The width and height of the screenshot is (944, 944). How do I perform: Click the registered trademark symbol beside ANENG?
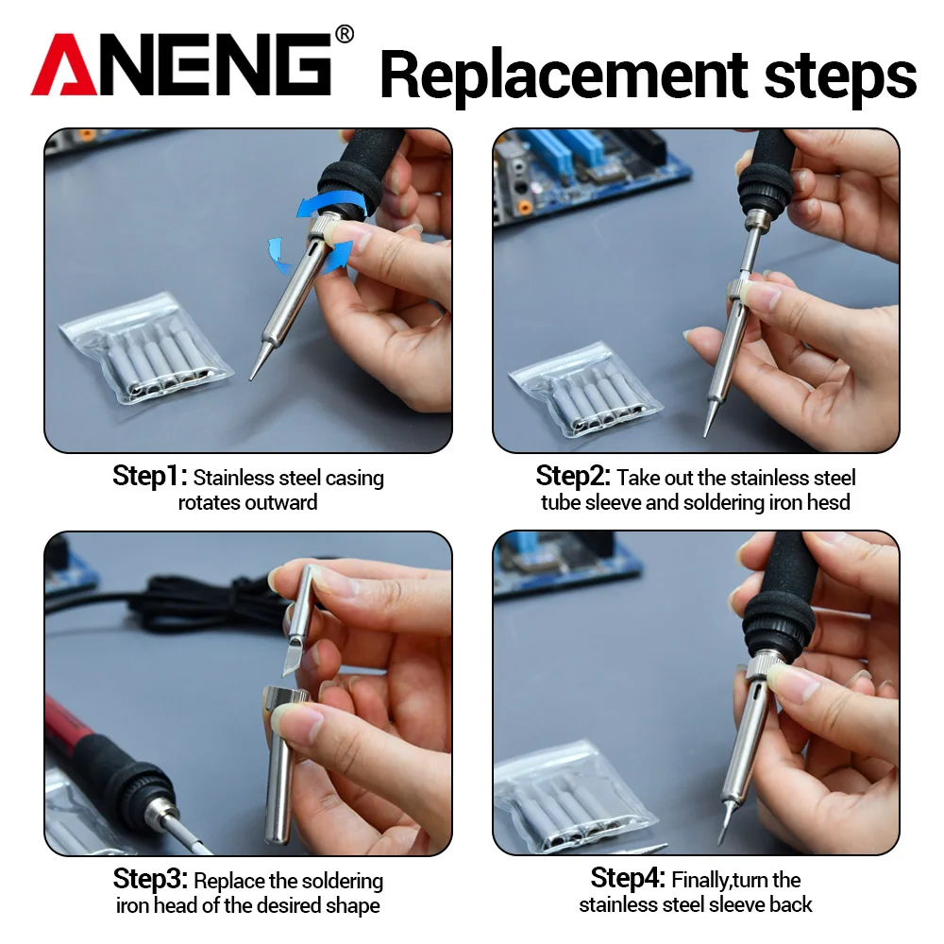[345, 35]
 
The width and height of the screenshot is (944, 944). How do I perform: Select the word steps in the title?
[840, 76]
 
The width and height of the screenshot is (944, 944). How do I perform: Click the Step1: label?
[150, 477]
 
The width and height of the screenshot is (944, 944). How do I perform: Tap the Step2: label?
[573, 476]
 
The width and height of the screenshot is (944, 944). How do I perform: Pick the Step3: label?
[151, 880]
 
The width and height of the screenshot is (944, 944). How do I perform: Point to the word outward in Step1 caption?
[280, 502]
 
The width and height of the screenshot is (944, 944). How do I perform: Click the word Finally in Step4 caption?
[706, 881]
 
